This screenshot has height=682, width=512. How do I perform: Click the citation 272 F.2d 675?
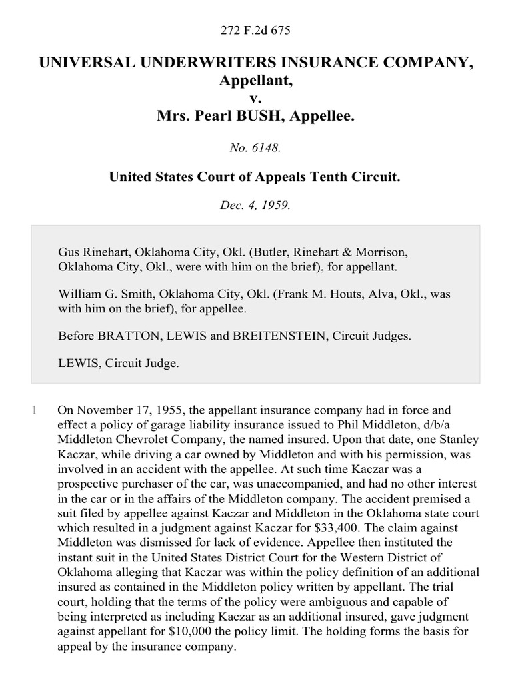(x=256, y=31)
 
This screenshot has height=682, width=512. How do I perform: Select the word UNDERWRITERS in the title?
(x=198, y=63)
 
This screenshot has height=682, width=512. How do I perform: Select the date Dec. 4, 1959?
(x=256, y=205)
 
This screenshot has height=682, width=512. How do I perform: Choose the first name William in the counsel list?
(x=79, y=294)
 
